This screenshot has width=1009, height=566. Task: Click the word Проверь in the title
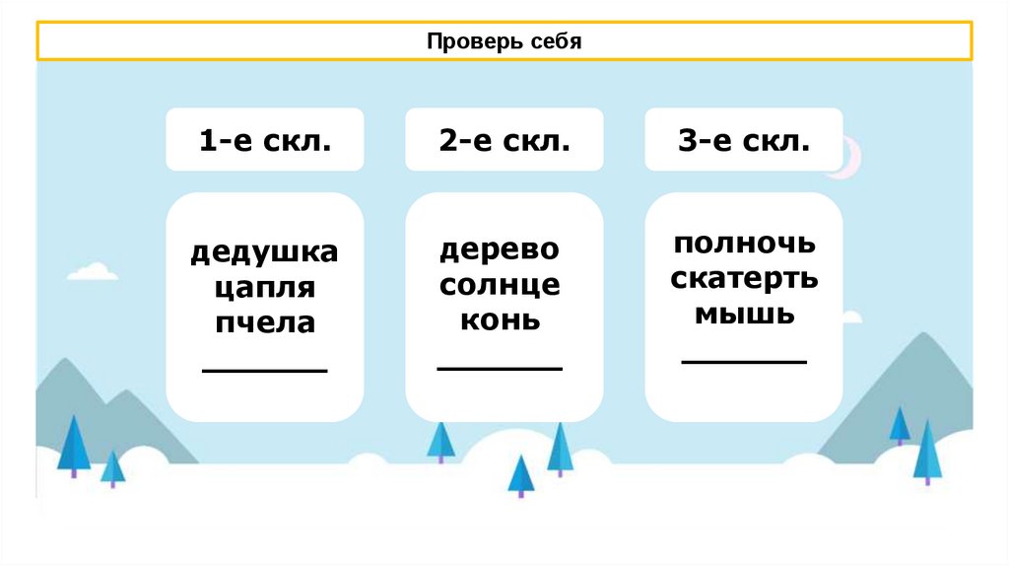469,42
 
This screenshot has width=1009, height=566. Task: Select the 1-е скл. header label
264,141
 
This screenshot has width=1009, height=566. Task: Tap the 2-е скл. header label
504,141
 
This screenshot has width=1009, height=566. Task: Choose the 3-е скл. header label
744,141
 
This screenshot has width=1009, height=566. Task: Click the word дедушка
264,253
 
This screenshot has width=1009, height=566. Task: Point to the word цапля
264,288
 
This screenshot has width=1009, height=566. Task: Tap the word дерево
500,248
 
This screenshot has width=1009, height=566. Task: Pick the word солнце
500,284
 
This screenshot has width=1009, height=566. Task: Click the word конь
500,319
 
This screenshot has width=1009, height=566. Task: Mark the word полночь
744,244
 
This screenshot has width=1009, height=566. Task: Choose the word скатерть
744,278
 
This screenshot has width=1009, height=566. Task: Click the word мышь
744,314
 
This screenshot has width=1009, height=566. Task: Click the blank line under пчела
264,371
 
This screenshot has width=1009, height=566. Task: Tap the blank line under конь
500,369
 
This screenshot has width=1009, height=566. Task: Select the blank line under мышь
744,362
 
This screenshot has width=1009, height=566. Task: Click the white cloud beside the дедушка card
91,270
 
